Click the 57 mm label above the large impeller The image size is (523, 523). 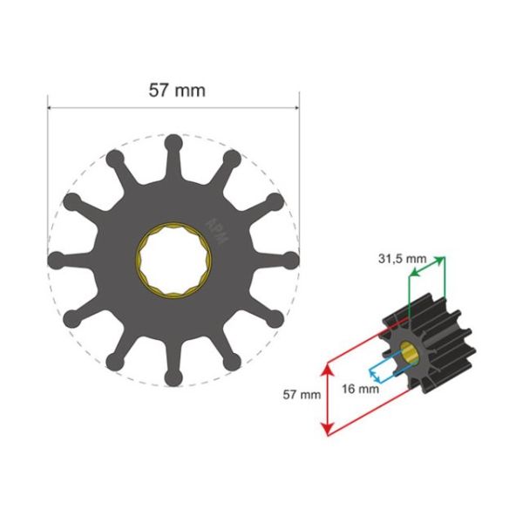173,89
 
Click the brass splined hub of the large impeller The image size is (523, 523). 173,260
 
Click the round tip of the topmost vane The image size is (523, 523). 173,142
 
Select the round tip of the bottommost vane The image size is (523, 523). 173,377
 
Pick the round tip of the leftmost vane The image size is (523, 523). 57,259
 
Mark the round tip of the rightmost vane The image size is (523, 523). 291,259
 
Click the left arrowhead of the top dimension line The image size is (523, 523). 51,109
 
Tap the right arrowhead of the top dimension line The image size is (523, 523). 295,109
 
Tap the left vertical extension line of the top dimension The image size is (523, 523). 48,174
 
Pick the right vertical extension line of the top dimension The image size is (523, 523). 299,174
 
